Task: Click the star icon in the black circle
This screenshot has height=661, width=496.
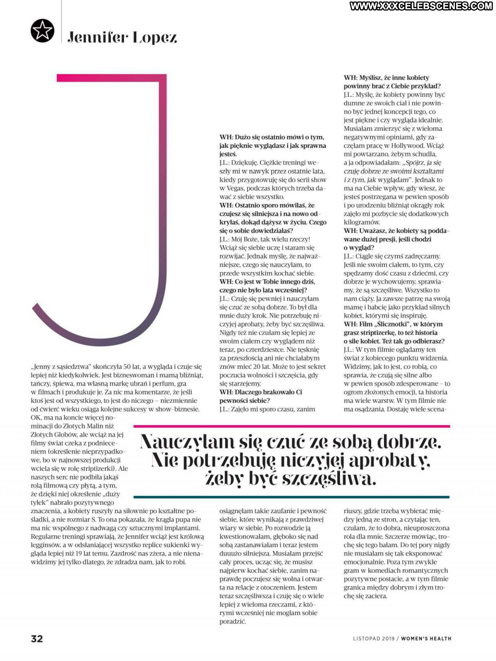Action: pos(42,31)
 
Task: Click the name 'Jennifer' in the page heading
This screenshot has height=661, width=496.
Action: pos(97,38)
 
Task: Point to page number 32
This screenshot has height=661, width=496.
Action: pos(37,638)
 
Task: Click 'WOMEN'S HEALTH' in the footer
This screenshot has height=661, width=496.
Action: pos(426,639)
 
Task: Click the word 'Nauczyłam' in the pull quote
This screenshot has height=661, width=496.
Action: pos(188,442)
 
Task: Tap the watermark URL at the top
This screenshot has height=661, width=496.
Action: pos(420,6)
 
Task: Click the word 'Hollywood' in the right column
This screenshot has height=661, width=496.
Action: pos(407,146)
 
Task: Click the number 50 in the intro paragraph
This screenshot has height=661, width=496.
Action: pos(128,366)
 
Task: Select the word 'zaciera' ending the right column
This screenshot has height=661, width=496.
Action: pos(376,596)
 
